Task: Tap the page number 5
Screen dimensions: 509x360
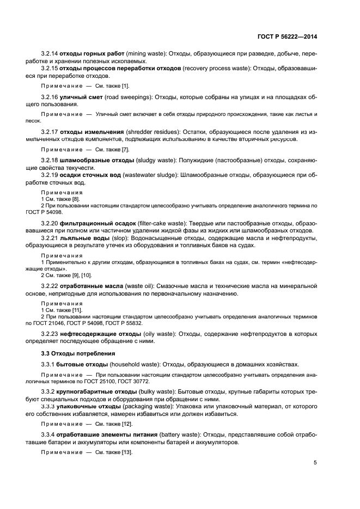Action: pos(315,463)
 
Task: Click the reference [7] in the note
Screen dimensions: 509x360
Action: pos(125,149)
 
